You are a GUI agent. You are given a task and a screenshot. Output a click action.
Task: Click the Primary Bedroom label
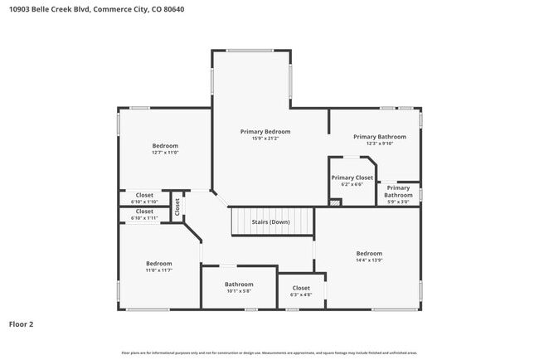(265, 132)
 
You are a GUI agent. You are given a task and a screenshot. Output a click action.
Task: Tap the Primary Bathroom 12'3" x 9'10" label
(380, 137)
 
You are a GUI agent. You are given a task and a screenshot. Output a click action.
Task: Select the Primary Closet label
(352, 178)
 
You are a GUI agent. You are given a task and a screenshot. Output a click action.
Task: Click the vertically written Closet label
(177, 207)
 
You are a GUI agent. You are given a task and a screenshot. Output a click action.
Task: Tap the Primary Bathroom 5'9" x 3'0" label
(398, 192)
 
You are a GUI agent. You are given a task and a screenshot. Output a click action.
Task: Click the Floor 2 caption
(21, 324)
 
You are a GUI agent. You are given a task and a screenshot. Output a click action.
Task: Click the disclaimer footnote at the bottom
(269, 353)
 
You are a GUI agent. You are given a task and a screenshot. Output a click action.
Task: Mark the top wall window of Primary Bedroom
(250, 51)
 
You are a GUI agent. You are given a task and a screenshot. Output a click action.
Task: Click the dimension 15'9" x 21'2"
(265, 138)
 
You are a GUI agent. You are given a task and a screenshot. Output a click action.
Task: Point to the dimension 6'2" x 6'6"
(352, 184)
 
